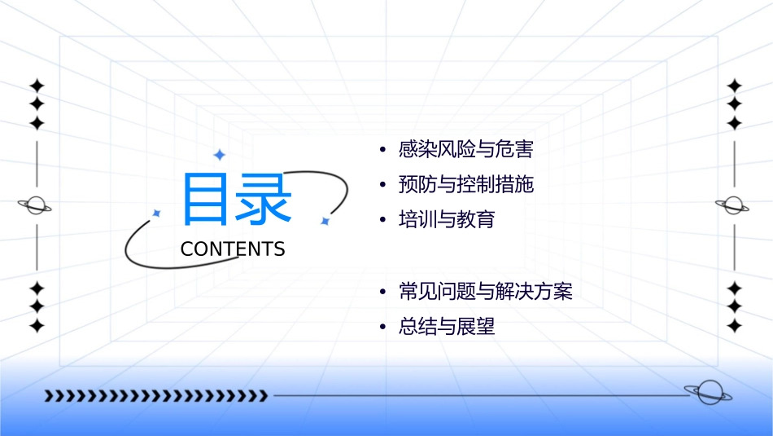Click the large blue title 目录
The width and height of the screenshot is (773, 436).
click(237, 199)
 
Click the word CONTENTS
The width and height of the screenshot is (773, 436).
click(233, 249)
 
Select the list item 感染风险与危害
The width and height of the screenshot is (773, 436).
click(465, 150)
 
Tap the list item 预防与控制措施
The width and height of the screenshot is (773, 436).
click(465, 185)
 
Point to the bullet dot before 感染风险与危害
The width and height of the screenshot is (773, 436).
click(382, 151)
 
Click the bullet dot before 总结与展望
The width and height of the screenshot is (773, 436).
click(382, 328)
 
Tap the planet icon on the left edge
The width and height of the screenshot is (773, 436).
click(36, 205)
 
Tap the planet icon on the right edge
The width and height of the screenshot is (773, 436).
click(733, 205)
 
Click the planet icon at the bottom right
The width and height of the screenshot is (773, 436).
click(707, 393)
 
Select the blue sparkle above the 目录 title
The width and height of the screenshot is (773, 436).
click(218, 155)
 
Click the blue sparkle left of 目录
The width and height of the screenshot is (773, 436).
click(157, 213)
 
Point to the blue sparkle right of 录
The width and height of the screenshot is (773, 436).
click(324, 221)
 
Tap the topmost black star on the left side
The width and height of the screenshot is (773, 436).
click(37, 86)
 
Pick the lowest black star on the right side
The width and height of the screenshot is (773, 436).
click(735, 325)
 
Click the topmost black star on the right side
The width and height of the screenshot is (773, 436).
click(735, 86)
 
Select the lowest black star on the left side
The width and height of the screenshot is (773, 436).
click(37, 325)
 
